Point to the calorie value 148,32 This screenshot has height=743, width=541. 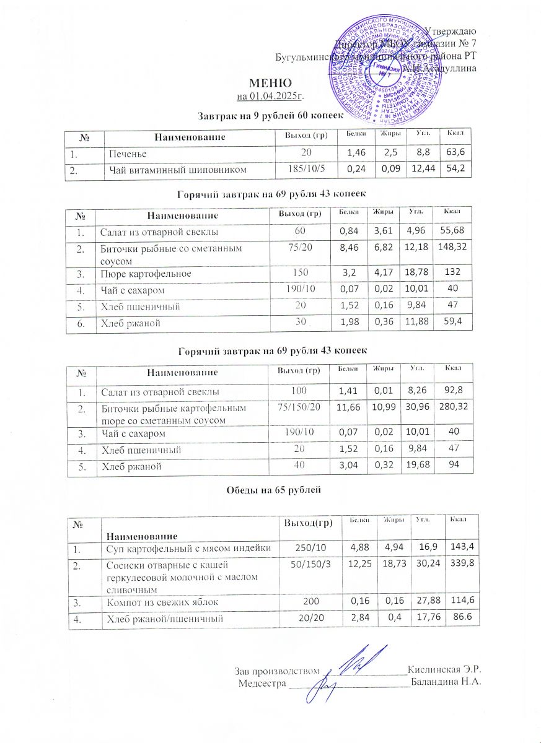452,249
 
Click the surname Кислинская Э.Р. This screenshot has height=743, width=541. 444,669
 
